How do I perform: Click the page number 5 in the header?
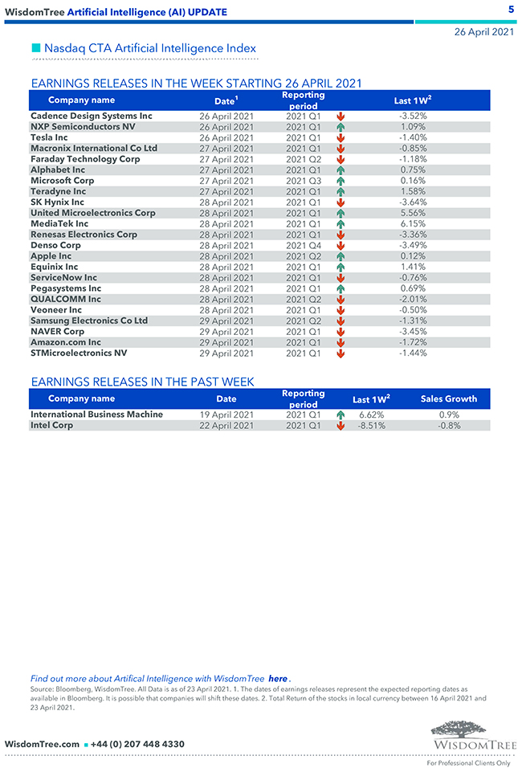(x=511, y=9)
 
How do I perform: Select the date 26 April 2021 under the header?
(x=484, y=32)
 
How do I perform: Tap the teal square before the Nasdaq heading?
(x=35, y=49)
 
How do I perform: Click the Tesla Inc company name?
(x=49, y=137)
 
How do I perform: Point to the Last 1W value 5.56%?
(x=413, y=213)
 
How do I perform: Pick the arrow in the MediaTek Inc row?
(x=341, y=224)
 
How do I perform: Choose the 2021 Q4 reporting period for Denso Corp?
(x=303, y=245)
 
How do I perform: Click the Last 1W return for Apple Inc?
(x=413, y=256)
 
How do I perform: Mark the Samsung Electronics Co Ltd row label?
(x=89, y=321)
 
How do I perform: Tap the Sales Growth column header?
(x=449, y=398)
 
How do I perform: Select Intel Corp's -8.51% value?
(x=371, y=426)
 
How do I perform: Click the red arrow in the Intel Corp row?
(x=341, y=426)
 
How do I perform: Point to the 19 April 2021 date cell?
(x=226, y=415)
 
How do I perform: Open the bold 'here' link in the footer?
(x=277, y=679)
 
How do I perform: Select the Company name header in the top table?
(x=81, y=100)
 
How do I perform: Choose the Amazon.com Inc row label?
(x=66, y=342)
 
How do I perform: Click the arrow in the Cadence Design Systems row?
(x=341, y=116)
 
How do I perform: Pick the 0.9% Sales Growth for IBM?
(x=449, y=415)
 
